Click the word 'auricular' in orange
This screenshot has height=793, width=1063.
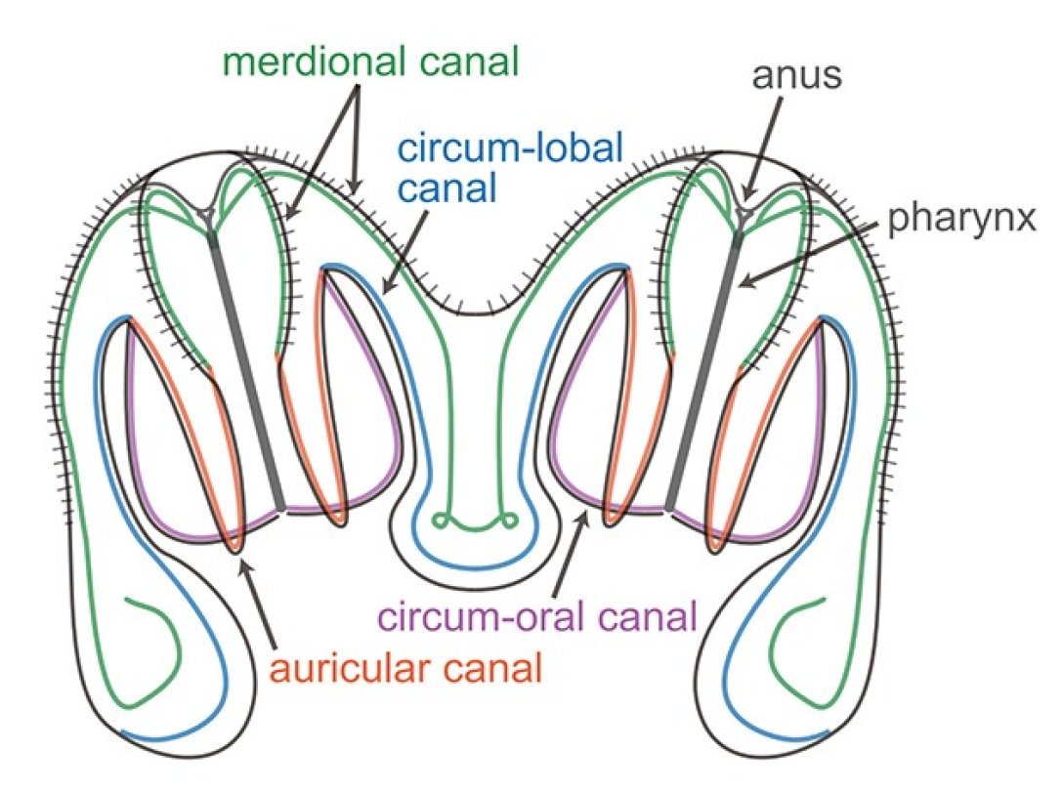(351, 671)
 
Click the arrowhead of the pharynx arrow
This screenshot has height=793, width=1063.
(744, 284)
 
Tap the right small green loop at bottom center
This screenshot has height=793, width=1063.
(508, 520)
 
